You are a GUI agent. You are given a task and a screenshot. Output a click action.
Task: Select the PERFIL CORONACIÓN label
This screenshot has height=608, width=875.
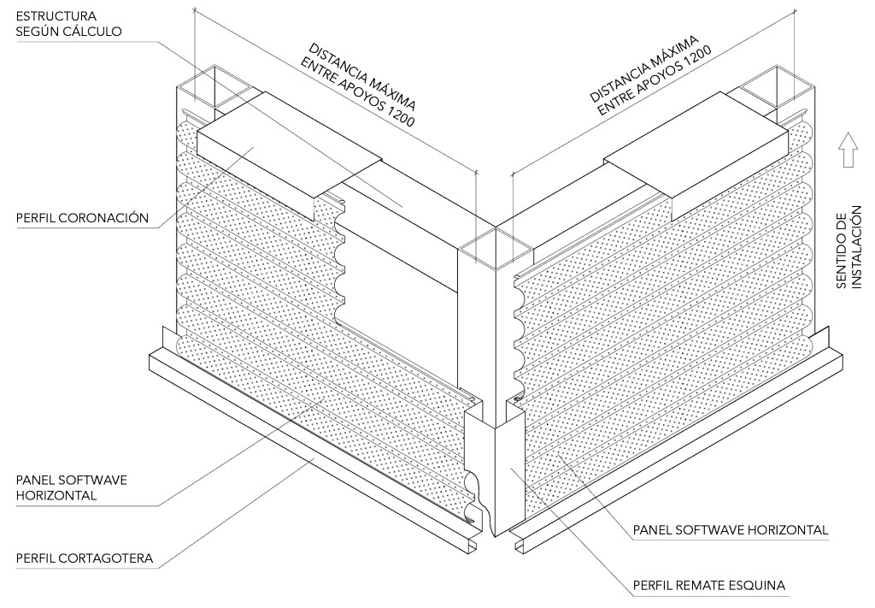pos(82,218)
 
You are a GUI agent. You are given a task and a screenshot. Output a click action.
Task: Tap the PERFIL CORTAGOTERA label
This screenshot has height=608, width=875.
pos(85,559)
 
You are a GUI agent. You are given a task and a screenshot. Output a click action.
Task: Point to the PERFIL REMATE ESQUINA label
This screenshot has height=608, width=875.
pos(709,586)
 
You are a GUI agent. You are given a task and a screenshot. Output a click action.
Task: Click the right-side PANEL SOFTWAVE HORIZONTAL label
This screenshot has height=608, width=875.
pos(731,530)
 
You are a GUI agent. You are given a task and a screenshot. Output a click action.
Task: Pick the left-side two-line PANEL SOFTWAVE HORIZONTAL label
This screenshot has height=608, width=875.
pos(71,487)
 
